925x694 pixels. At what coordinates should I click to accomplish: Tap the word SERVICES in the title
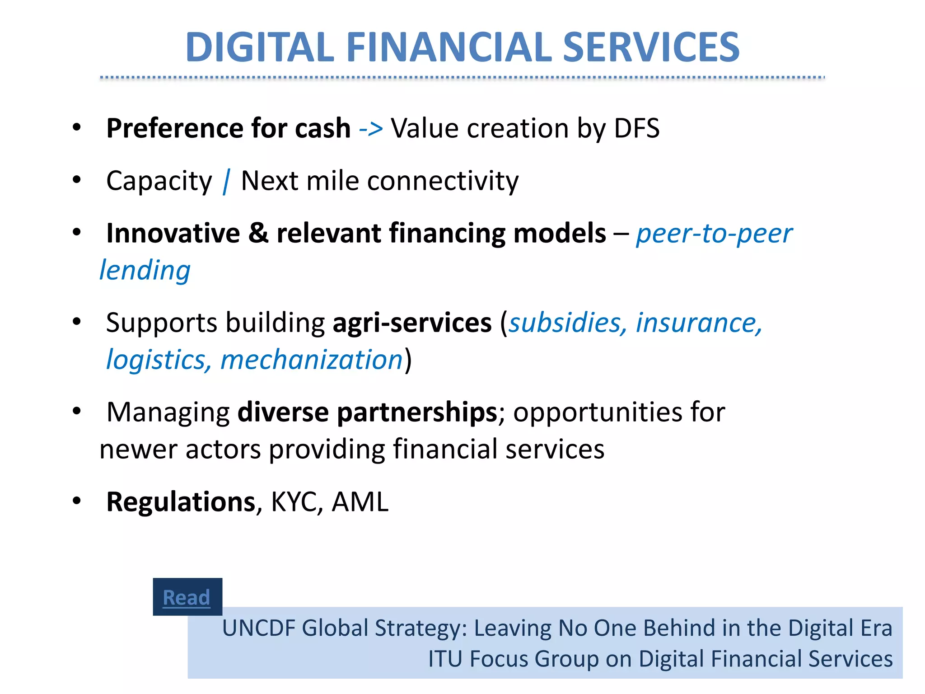[x=651, y=47]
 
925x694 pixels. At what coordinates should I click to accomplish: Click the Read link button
[x=187, y=597]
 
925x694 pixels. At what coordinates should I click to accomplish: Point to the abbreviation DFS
[x=636, y=128]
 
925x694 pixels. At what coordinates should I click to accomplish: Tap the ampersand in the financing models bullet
[x=258, y=233]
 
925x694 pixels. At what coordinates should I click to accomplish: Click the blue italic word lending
[x=145, y=271]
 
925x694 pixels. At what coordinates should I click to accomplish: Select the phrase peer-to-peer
[x=714, y=234]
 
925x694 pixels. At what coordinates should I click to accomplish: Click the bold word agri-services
[x=412, y=323]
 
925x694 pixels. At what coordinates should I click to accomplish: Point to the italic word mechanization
[x=311, y=360]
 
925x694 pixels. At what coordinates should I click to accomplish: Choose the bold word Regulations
[x=181, y=502]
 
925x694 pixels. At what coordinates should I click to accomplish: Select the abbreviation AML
[x=360, y=502]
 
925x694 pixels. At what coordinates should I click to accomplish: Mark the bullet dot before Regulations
[x=77, y=501]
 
